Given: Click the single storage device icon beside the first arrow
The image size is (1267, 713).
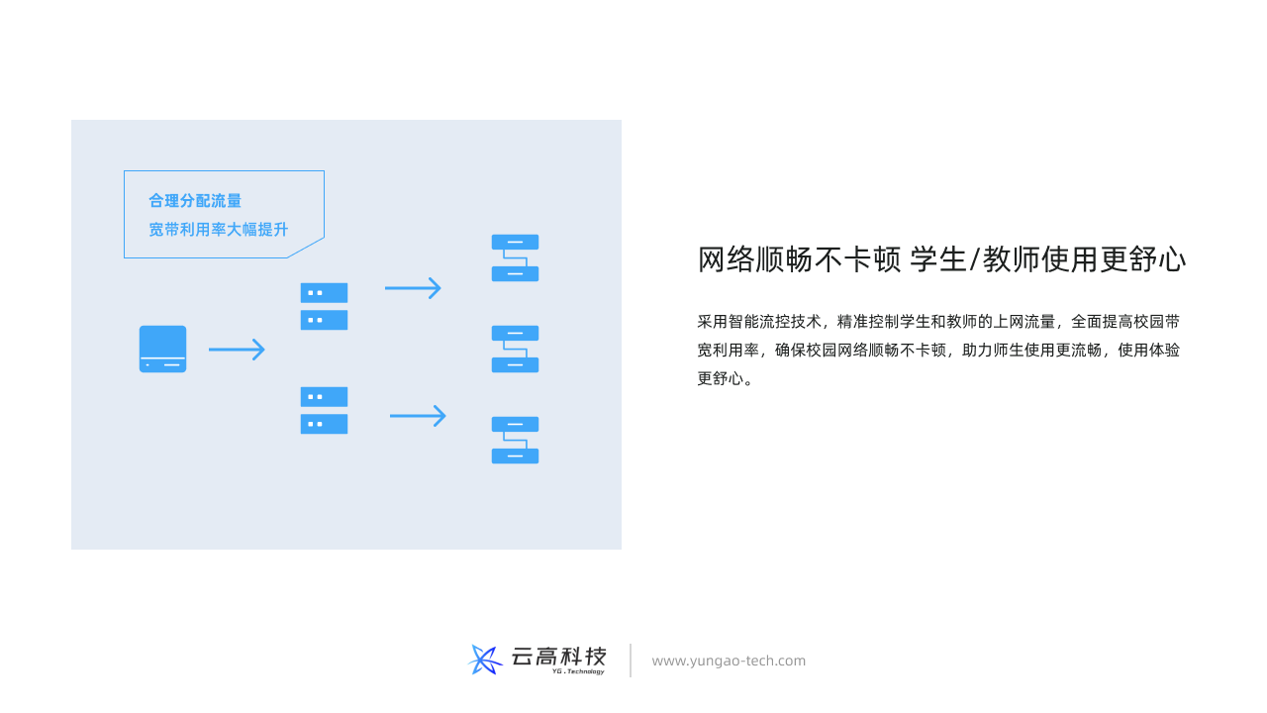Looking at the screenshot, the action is pos(163,350).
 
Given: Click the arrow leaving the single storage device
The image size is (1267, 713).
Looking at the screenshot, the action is pos(237,350).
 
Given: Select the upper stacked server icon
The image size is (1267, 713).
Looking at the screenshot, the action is pos(324,306).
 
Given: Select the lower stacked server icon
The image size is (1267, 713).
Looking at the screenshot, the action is pos(324,410).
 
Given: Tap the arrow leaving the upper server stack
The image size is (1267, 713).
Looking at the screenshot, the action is pos(413,288).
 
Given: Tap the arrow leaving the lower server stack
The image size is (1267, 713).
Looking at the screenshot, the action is pos(418,416).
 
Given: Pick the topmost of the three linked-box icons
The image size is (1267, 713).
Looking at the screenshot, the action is pos(516,258).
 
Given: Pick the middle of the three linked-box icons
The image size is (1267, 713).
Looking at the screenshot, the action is pos(516,350).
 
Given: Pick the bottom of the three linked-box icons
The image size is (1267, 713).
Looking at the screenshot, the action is pos(516,441).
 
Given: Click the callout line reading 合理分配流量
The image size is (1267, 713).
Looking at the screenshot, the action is pos(195,200).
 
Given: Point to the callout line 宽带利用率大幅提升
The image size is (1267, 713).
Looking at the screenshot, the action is pos(219,229).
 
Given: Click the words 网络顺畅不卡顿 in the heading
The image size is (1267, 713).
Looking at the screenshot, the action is pos(799,259).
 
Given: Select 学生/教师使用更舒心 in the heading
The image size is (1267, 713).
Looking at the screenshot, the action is pos(1047,259).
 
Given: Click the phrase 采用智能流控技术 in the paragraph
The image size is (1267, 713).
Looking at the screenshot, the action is pos(759,322).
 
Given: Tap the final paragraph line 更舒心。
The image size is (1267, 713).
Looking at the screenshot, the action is pos(726,378).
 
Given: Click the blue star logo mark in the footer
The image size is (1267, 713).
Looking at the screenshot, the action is pos(485,660).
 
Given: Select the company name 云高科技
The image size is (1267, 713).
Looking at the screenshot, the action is pos(559,657).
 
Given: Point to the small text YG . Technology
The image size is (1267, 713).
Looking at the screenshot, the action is pos(578,671).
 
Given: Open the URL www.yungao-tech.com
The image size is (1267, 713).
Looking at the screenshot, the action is pos(729,661).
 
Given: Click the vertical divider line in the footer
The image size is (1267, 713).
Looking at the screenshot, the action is pos(631,661).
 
